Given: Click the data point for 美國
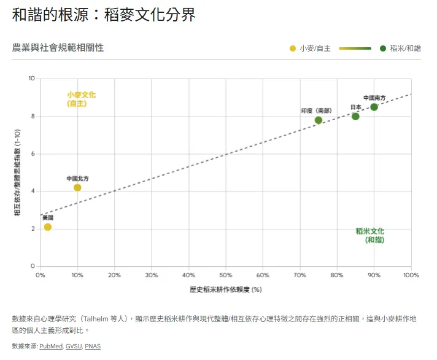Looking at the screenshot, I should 48,227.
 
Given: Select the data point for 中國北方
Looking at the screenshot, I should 77,188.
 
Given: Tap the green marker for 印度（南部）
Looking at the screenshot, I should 318,120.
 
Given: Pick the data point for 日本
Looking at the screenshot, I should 355,117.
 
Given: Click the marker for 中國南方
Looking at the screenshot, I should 374,107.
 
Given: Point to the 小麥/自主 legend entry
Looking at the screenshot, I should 310,48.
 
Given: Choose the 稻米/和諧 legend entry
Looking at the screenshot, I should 400,48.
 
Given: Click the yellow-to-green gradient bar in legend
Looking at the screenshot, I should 355,48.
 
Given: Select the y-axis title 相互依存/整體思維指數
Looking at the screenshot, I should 18,172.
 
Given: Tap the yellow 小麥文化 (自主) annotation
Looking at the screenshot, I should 81,99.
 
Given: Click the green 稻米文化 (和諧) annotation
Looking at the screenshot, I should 370,236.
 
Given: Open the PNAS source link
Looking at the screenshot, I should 92,347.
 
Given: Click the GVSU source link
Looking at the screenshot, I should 73,347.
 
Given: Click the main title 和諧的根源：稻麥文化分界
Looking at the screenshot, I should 104,15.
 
